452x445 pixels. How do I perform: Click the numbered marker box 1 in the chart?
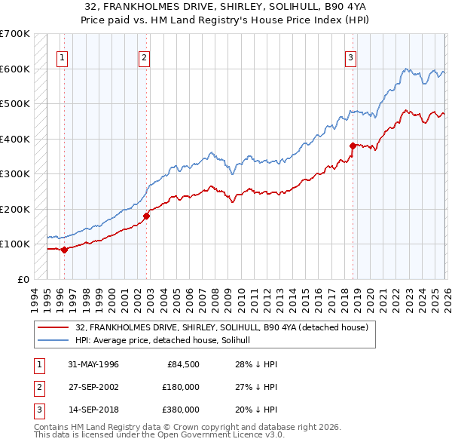pos(62,56)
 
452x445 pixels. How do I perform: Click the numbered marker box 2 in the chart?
pos(144,56)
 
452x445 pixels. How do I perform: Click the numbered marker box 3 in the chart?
pos(351,56)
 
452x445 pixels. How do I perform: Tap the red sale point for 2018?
pos(352,146)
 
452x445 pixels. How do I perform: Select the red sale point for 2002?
pos(147,216)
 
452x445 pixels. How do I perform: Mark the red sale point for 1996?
pos(64,250)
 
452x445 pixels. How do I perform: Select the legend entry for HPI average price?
pos(167,341)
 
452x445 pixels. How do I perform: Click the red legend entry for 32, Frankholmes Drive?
pos(221,327)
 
